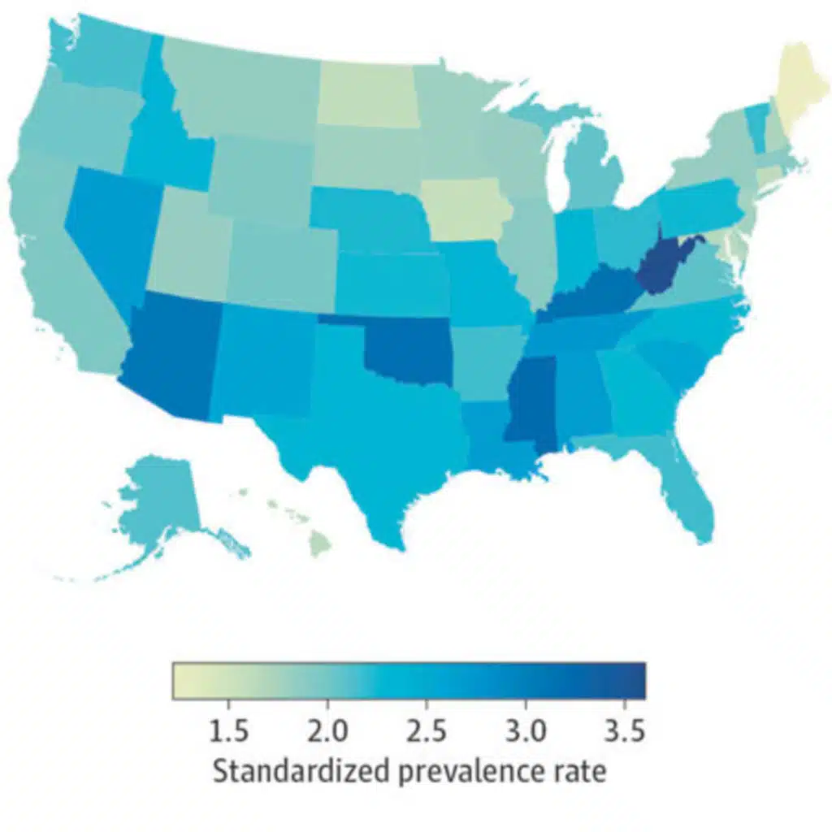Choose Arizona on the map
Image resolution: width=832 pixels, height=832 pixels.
point(175,353)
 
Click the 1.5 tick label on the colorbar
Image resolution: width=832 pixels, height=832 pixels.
point(230,732)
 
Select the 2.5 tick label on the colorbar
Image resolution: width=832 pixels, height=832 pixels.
point(427,732)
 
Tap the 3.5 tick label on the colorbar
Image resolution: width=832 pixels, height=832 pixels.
point(624,732)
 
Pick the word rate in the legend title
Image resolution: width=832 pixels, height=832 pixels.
point(581,769)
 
